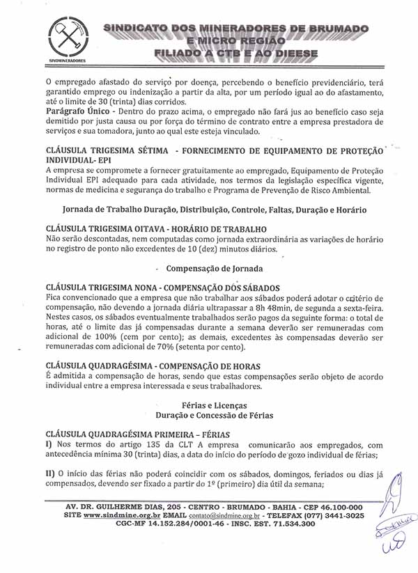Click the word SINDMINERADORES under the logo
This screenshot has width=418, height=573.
pyautogui.click(x=68, y=61)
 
